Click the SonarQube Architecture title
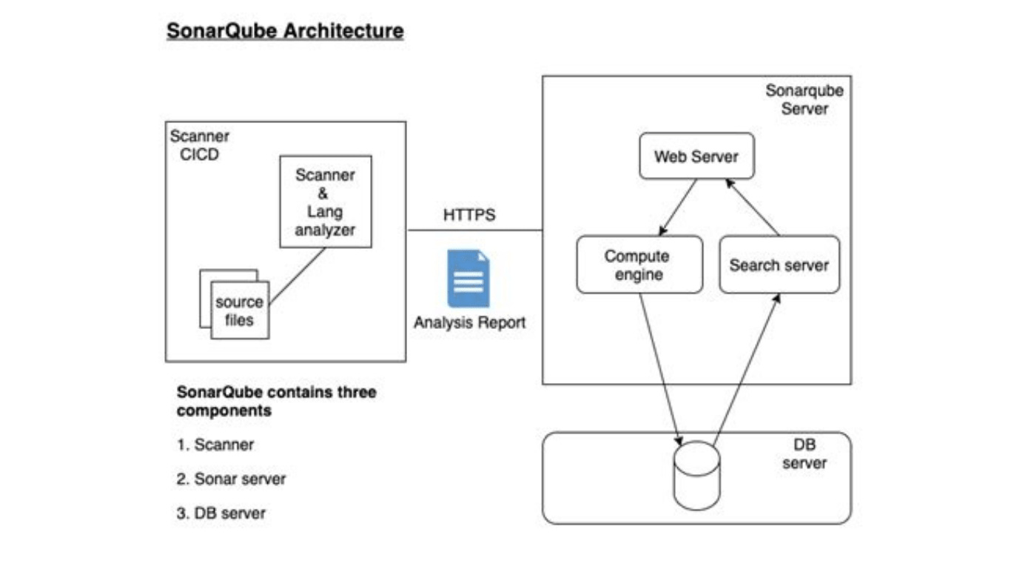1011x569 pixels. pyautogui.click(x=285, y=31)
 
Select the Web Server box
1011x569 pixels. pyautogui.click(x=696, y=156)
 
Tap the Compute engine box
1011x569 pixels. pyautogui.click(x=639, y=264)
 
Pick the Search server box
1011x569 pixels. pyautogui.click(x=779, y=264)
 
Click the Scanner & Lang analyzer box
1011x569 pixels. pyautogui.click(x=325, y=202)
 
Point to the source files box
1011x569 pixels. pyautogui.click(x=239, y=311)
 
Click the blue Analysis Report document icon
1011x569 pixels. pyautogui.click(x=468, y=279)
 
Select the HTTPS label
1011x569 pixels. pyautogui.click(x=469, y=216)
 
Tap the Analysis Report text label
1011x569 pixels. pyautogui.click(x=469, y=323)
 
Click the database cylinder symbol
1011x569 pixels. pyautogui.click(x=696, y=476)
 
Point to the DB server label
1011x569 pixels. pyautogui.click(x=804, y=454)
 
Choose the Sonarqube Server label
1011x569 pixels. pyautogui.click(x=804, y=99)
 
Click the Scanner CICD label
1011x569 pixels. pyautogui.click(x=199, y=145)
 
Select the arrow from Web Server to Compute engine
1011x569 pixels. pyautogui.click(x=677, y=207)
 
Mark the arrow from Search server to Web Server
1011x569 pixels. pyautogui.click(x=753, y=207)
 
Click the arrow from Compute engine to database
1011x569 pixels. pyautogui.click(x=659, y=367)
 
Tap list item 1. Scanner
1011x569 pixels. pyautogui.click(x=215, y=445)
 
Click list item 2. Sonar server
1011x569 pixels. pyautogui.click(x=231, y=479)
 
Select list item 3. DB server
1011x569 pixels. pyautogui.click(x=221, y=513)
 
